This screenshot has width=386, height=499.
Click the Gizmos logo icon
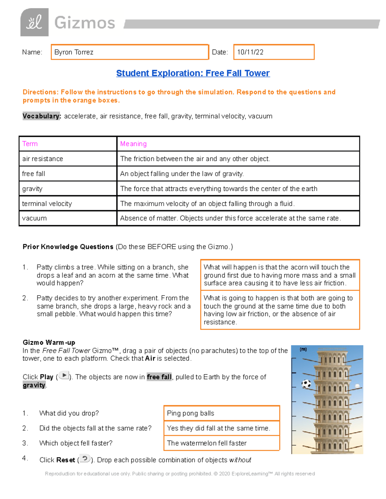pos(34,22)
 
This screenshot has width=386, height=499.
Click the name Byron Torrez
pos(74,52)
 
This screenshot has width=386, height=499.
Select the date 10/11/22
pos(250,52)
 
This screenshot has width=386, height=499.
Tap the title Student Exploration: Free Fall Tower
pos(193,73)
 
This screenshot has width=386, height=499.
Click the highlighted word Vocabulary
pos(41,116)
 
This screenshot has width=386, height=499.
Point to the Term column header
pos(30,144)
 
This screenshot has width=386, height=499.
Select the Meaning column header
pos(133,144)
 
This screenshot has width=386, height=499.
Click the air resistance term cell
pos(42,159)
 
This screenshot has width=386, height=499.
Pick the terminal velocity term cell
pos(47,203)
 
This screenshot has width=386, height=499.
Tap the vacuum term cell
pos(34,218)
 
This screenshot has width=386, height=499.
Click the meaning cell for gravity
pos(218,189)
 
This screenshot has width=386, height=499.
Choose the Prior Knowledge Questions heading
pos(68,247)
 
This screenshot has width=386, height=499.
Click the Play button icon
pos(64,375)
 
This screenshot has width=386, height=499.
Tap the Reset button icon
pos(85,459)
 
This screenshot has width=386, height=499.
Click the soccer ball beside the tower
pos(306,384)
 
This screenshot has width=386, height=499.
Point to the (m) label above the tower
pos(303,349)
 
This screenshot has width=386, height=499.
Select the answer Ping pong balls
pos(190,413)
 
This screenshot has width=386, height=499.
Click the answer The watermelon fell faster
pos(207,443)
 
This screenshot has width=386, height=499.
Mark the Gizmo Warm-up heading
pos(49,342)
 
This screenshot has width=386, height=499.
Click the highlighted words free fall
pos(159,377)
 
